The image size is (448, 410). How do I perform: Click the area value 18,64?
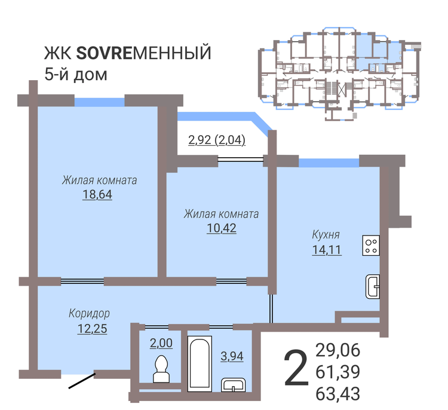pos(97,194)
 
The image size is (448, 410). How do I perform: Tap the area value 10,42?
pos(222,228)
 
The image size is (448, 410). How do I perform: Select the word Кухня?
pos(326,234)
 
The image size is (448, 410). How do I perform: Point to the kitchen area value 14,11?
pos(327,250)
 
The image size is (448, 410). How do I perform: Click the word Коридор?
pos(89,314)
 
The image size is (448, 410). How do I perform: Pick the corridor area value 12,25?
pos(92,329)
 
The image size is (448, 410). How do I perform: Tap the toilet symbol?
pos(161,369)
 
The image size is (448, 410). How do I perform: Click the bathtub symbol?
pos(200,364)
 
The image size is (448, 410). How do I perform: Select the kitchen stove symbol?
pos(371,245)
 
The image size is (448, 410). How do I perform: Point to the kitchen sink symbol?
pos(373,286)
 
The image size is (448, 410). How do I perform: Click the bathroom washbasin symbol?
pos(234,385)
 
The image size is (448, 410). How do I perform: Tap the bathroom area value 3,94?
pos(232,356)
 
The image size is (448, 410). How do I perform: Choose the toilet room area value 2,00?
pos(161,343)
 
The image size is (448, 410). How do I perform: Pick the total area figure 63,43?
pos(337,393)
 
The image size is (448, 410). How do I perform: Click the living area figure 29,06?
pos(337,350)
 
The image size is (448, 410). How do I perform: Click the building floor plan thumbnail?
pos(340,74)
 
